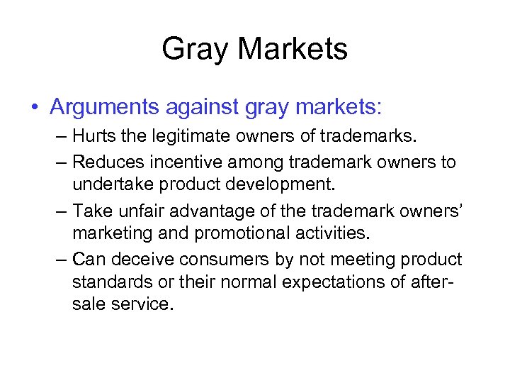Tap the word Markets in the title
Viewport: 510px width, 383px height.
point(293,49)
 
